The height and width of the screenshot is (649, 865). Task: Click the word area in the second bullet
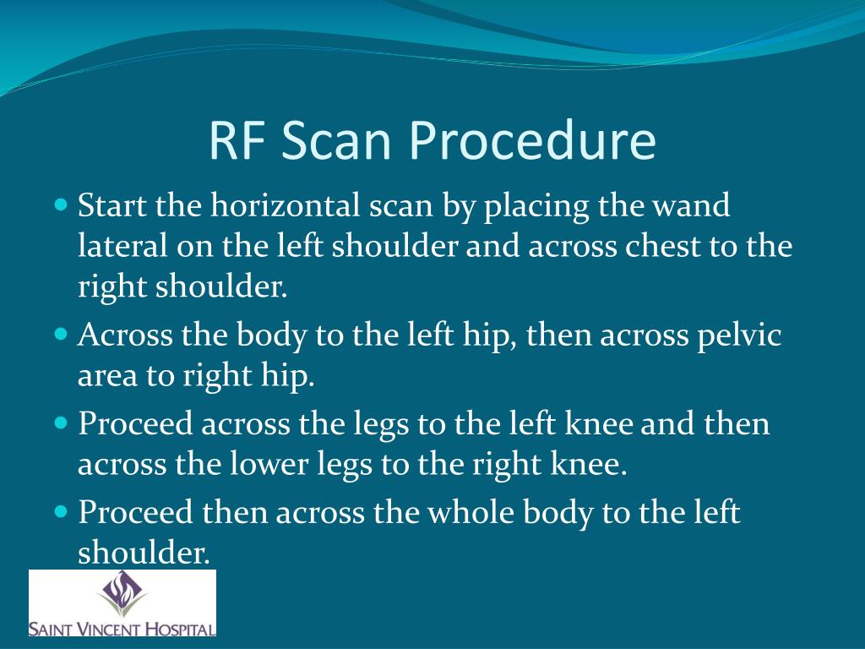[x=106, y=376]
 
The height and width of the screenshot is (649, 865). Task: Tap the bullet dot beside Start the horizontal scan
[x=61, y=205]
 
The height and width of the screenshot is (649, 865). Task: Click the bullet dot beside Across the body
[x=61, y=335]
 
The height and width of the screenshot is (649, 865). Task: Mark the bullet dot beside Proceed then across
[x=61, y=511]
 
